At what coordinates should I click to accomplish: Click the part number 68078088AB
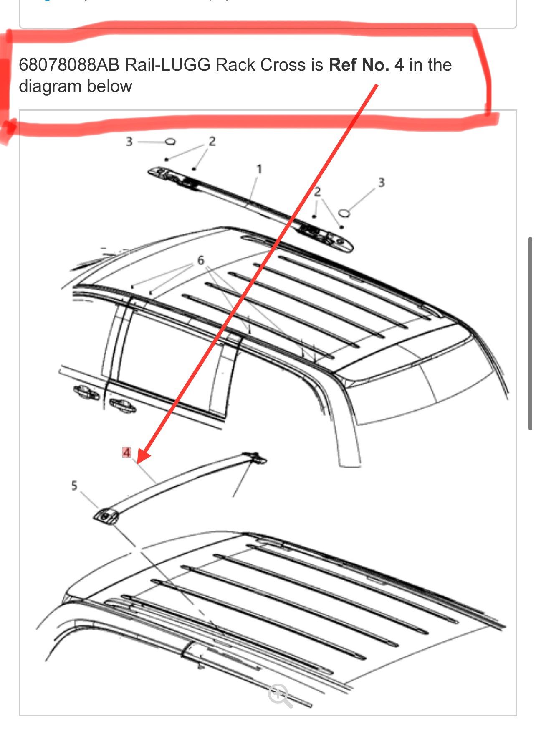(69, 65)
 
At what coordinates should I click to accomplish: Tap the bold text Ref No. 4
(366, 65)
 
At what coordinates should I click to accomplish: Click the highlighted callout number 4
(126, 452)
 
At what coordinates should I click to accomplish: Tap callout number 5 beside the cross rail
(74, 486)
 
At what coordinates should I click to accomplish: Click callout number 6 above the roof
(201, 260)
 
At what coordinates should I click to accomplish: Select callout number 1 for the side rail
(259, 169)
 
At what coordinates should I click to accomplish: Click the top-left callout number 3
(129, 142)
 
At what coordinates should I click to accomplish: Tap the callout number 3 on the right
(381, 183)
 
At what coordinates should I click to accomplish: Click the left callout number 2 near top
(212, 142)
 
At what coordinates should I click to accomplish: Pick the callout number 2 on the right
(317, 192)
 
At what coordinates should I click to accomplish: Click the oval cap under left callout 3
(170, 142)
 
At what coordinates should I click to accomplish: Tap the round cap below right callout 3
(344, 213)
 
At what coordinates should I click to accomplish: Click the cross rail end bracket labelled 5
(105, 516)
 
